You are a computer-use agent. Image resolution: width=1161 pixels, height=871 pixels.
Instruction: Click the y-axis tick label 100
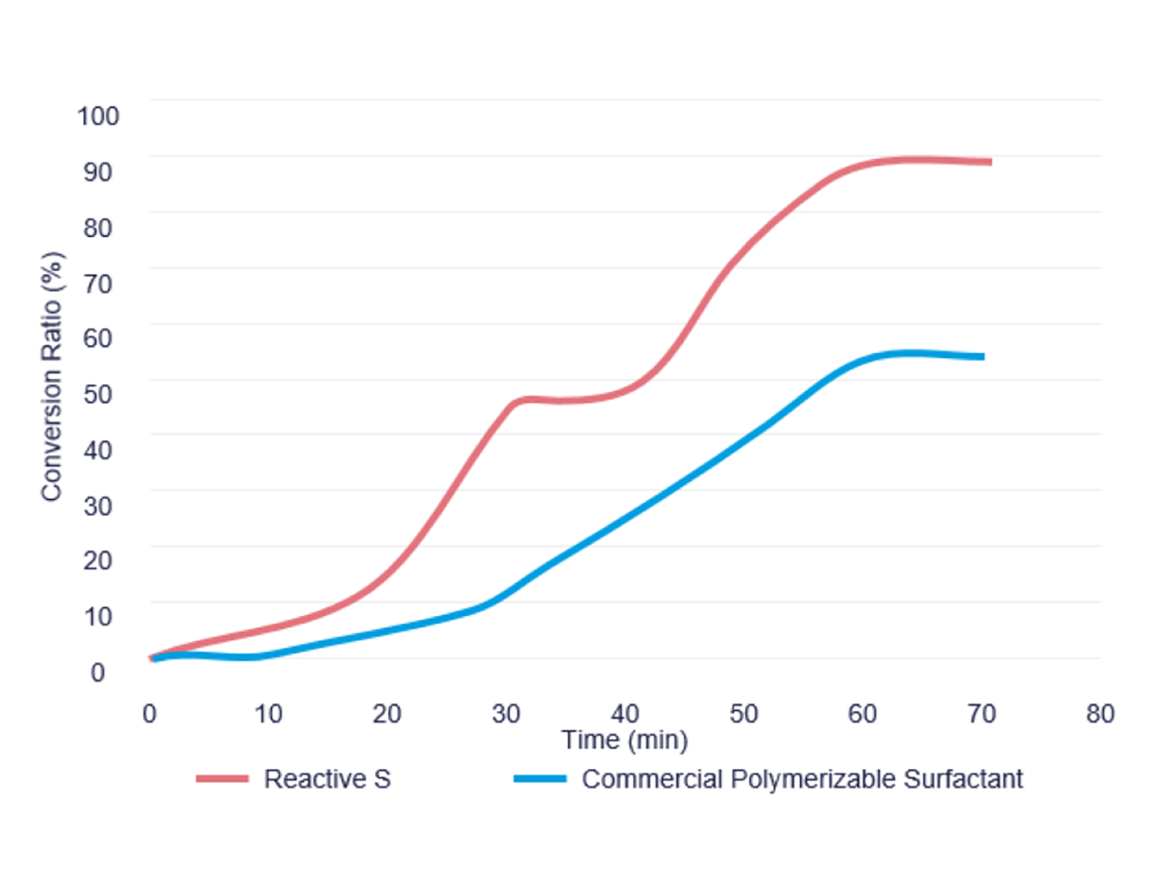click(98, 115)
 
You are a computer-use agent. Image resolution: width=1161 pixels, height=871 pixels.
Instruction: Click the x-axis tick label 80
click(1099, 713)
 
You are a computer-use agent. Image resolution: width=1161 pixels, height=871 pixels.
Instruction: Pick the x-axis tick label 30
click(507, 713)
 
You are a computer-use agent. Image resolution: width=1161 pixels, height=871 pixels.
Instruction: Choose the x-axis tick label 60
click(863, 713)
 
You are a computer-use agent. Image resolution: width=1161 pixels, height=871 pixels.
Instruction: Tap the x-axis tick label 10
click(269, 713)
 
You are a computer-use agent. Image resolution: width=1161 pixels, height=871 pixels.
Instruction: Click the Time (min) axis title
click(624, 740)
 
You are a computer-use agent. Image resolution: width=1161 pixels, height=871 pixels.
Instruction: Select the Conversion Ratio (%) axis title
click(54, 376)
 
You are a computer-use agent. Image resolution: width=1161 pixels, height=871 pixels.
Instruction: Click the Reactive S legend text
click(326, 779)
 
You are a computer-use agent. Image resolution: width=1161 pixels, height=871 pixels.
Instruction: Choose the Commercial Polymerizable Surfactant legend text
click(802, 779)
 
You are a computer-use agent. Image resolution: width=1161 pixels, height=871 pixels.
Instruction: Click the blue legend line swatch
click(540, 779)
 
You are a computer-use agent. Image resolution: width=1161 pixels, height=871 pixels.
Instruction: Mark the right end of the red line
click(989, 162)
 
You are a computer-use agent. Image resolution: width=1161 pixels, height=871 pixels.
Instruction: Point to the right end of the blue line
click(981, 356)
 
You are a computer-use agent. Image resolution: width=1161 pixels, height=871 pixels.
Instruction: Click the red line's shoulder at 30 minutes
click(512, 402)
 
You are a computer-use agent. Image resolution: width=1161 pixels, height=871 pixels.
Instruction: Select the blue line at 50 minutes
click(744, 437)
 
